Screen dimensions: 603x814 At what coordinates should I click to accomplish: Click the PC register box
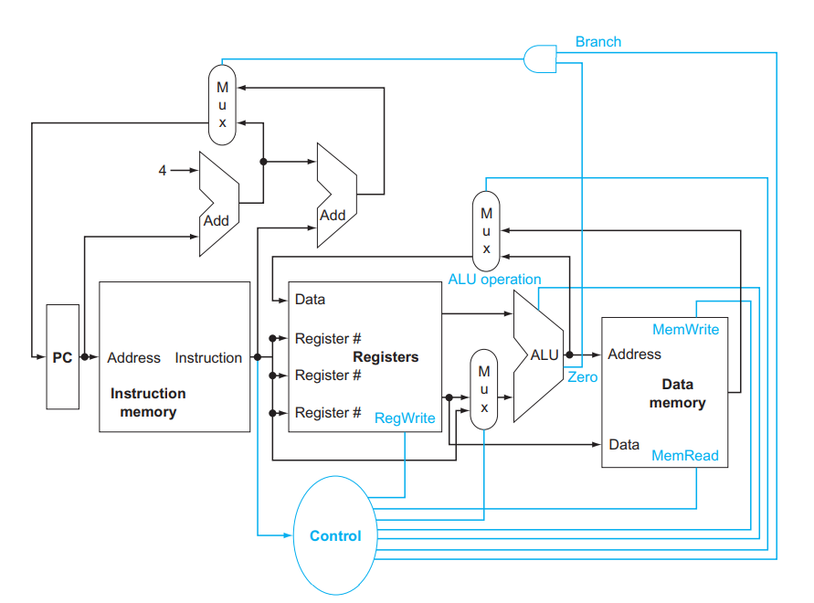point(62,357)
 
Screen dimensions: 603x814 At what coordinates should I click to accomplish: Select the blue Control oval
point(335,536)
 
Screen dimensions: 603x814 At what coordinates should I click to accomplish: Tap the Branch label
point(597,41)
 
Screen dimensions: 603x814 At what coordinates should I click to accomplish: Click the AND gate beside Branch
point(539,58)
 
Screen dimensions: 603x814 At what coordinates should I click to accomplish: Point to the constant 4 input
point(163,170)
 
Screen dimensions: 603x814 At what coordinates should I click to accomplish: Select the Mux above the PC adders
point(222,103)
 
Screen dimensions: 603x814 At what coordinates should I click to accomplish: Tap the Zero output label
point(582,376)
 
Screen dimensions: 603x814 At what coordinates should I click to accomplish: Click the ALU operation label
point(494,279)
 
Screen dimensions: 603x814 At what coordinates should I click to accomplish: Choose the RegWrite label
point(405,418)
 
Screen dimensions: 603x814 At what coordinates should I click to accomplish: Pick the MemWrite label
point(685,329)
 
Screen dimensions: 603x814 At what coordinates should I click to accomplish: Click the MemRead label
point(685,455)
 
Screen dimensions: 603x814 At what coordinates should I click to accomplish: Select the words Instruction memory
point(148,403)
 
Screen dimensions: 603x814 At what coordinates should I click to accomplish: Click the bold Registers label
point(386,357)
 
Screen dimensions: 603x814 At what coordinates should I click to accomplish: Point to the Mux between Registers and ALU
point(484,388)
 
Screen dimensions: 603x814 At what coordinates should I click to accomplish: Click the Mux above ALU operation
point(486,230)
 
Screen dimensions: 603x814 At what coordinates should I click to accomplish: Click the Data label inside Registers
point(310,300)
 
